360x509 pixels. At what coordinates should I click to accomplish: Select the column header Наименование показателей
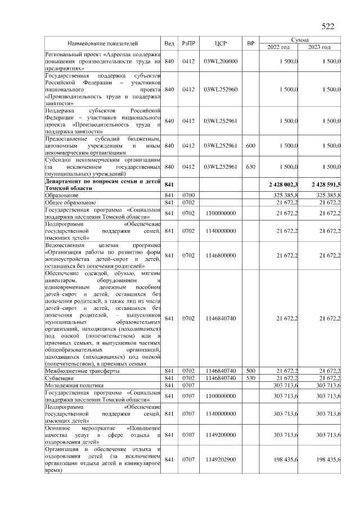[103, 43]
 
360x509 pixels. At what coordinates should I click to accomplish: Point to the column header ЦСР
[220, 43]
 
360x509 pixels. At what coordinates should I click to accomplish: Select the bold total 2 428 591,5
[325, 184]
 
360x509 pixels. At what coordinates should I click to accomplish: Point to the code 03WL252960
[220, 89]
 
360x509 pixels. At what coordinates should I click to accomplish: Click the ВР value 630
[251, 166]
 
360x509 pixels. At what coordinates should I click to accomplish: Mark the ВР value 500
[251, 371]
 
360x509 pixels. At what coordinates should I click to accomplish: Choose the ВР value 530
[251, 378]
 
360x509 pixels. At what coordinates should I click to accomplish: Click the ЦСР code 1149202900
[220, 460]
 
